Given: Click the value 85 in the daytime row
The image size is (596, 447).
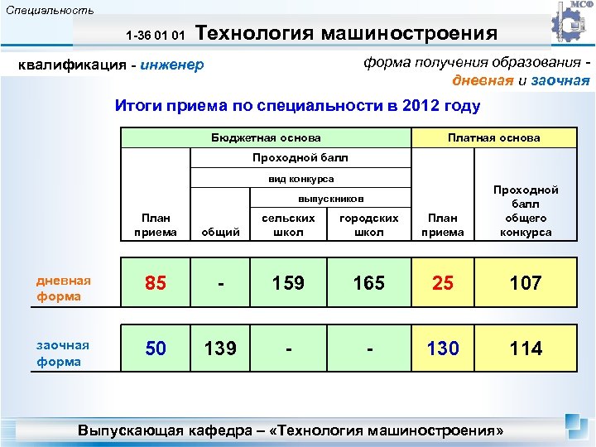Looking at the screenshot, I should click(x=155, y=283).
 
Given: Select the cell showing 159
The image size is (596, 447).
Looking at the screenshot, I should click(x=288, y=283).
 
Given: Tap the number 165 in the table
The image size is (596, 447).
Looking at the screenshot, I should click(x=368, y=283).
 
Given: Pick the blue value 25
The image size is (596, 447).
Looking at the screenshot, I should click(x=443, y=283).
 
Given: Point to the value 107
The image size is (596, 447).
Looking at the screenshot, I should click(x=526, y=283).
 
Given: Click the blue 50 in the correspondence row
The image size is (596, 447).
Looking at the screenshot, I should click(x=155, y=348).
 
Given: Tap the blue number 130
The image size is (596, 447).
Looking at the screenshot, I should click(x=443, y=348).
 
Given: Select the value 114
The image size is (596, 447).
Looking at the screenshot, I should click(x=526, y=348).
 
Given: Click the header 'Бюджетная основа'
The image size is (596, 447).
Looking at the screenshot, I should click(x=266, y=137).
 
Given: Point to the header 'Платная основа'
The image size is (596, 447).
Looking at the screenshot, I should click(x=493, y=137).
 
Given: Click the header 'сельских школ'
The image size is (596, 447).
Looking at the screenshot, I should click(x=288, y=225).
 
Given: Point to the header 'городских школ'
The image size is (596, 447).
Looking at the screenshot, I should click(x=368, y=225).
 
